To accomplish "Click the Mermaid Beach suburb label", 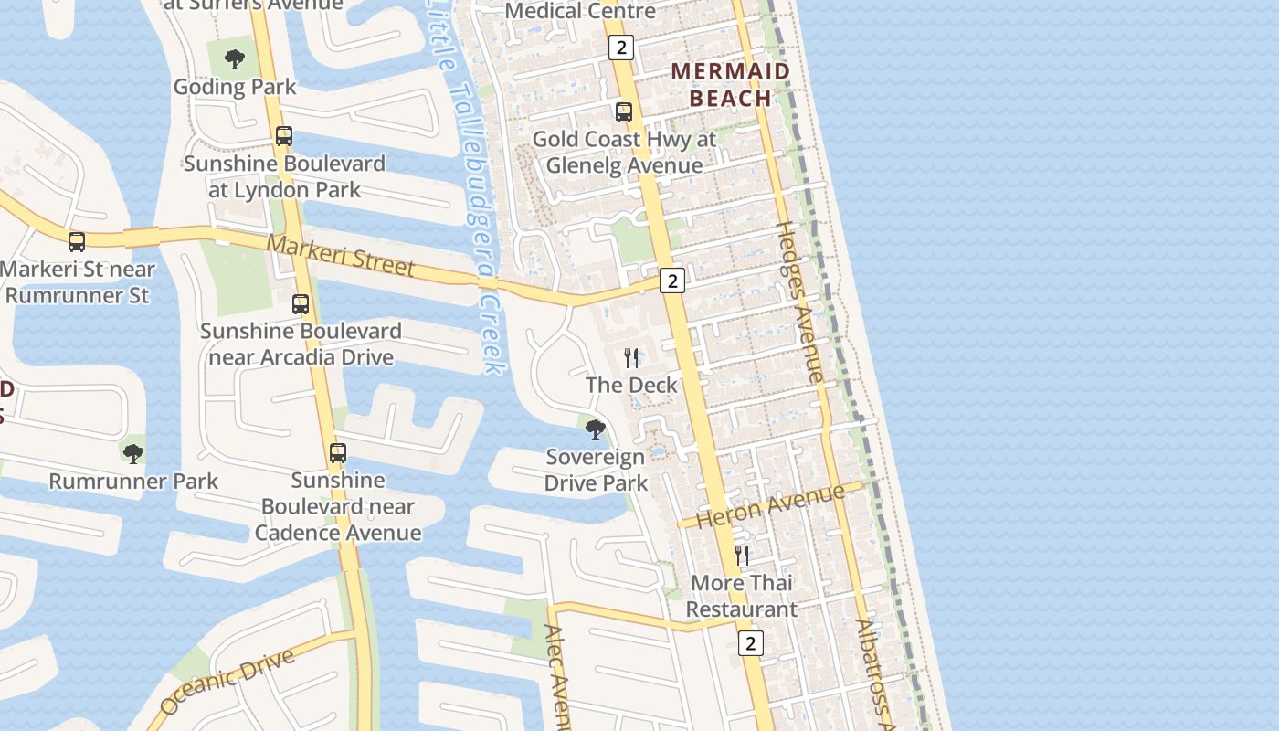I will (731, 84).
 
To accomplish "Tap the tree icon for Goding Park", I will (235, 60).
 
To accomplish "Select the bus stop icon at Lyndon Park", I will (284, 136).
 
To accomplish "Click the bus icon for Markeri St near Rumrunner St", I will (77, 242).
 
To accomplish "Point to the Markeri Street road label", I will (341, 256).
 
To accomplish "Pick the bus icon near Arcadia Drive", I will (301, 304).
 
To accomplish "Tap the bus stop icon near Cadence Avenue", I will (338, 452).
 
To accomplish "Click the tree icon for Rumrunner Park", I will (133, 453).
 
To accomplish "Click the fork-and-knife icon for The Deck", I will (631, 357).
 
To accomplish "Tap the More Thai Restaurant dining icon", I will (742, 555).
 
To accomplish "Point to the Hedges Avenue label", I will (799, 302).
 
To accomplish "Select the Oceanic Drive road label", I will (227, 681).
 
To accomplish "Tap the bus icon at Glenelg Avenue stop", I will (624, 112).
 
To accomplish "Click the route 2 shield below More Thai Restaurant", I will (750, 643).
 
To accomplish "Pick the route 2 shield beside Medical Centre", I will (620, 48).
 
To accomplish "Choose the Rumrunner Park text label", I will (133, 482).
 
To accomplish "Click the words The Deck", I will (631, 385).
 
